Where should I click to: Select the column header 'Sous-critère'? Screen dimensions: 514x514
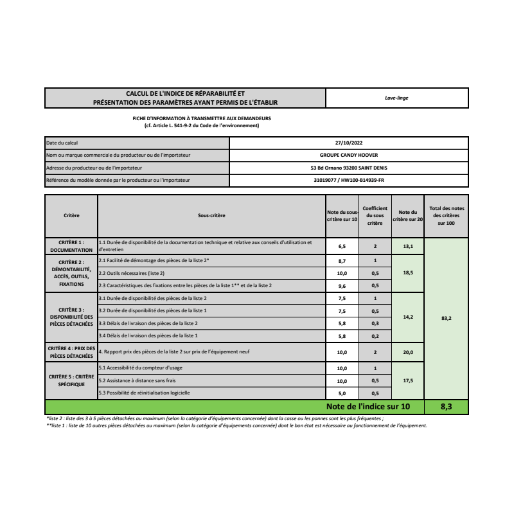[211, 216]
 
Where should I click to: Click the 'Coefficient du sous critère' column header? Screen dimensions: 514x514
[375, 216]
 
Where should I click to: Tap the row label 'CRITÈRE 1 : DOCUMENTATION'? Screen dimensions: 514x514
[71, 246]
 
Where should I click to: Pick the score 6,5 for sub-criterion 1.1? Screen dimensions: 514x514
[342, 246]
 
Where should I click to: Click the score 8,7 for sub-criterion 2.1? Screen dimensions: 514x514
[342, 261]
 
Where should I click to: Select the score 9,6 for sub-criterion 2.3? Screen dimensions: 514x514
[342, 285]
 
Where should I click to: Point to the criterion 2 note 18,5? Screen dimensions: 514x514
[407, 273]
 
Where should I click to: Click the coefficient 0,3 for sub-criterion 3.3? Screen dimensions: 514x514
[375, 323]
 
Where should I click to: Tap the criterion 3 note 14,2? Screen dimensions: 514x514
[407, 317]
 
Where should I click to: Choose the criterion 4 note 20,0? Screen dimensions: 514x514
[407, 352]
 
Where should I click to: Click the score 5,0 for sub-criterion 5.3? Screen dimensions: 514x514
[342, 393]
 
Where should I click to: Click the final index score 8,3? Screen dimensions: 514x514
[447, 407]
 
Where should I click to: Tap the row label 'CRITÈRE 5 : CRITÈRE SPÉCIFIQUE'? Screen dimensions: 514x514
[71, 380]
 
